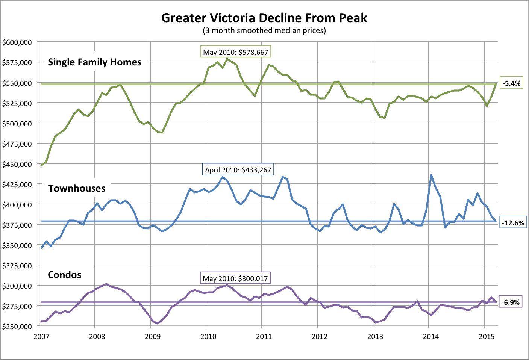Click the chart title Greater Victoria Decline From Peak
click(264, 18)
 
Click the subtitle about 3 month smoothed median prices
click(264, 30)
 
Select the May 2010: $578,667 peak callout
click(236, 52)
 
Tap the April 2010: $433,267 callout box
click(238, 169)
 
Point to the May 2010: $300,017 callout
click(235, 278)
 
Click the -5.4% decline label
click(511, 83)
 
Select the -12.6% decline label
click(513, 222)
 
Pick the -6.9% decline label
click(511, 302)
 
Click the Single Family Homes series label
click(94, 62)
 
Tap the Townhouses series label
click(77, 188)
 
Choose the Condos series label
click(64, 275)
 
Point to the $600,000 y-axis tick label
click(17, 42)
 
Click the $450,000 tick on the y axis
click(17, 164)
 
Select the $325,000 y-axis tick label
click(17, 266)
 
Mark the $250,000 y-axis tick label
click(17, 327)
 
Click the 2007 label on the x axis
click(41, 336)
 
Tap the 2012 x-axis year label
click(320, 336)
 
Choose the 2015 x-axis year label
click(487, 336)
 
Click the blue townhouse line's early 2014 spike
click(431, 175)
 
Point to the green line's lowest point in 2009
click(162, 132)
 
